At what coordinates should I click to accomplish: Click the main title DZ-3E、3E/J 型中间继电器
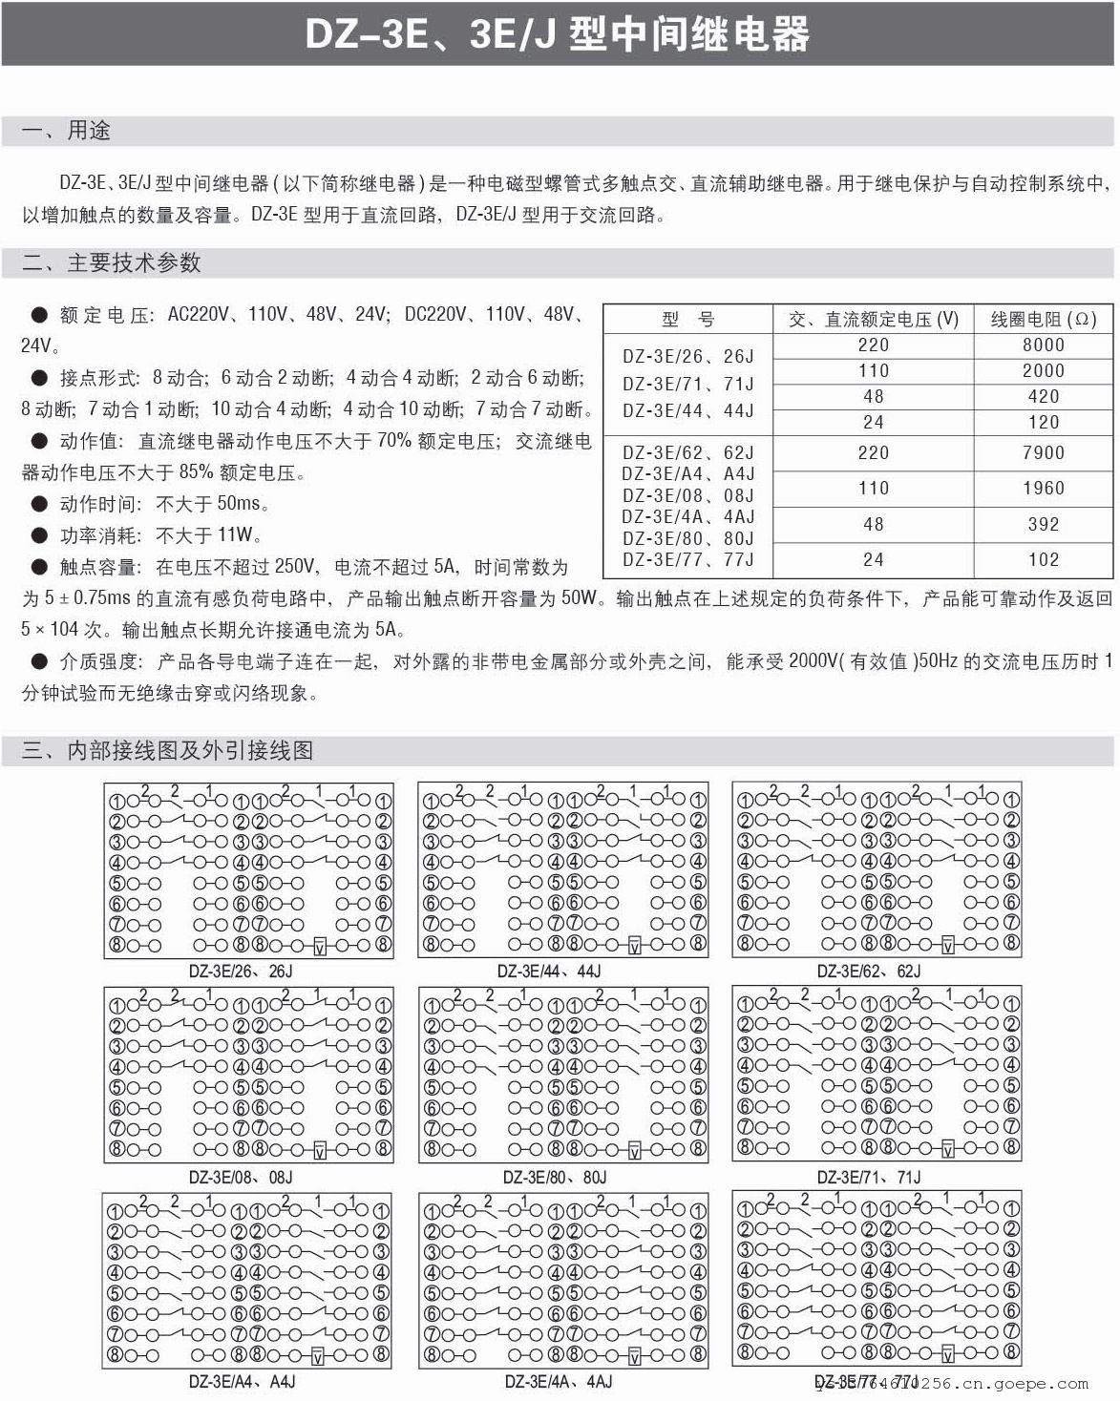pos(558,34)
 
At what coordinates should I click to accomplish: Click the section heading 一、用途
pos(67,131)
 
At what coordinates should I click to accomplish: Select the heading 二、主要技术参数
pos(112,262)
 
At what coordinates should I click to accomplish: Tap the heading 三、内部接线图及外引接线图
pos(168,750)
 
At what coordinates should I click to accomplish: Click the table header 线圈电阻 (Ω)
pos(1043,320)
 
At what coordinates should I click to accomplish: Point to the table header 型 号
pos(687,320)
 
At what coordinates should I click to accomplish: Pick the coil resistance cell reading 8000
pos(1043,345)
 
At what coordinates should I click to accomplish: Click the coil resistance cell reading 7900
pos(1043,452)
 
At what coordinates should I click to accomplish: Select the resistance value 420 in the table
pos(1043,396)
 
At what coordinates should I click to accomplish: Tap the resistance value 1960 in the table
pos(1043,488)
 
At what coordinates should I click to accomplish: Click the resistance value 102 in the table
pos(1043,559)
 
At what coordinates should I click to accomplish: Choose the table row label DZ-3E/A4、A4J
pos(687,473)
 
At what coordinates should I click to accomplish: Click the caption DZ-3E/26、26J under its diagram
pos(241,972)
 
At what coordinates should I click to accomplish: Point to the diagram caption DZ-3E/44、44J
pos(549,972)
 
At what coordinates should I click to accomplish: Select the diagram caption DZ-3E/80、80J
pos(555,1177)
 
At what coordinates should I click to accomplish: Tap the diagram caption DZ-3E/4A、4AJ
pos(559,1381)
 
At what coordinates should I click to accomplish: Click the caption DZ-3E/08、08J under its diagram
pos(241,1177)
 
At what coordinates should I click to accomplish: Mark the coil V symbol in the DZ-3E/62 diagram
pos(947,945)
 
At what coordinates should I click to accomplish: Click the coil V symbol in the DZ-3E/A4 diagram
pos(319,1355)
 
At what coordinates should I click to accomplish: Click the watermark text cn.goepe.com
pos(1035,1383)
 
